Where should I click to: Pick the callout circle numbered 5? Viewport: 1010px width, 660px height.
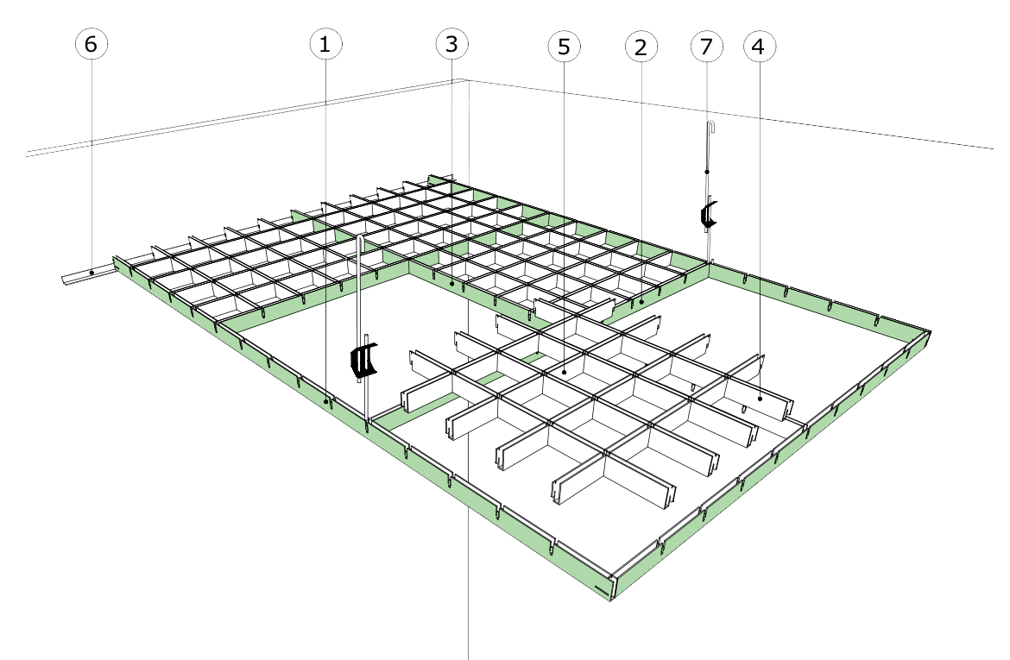564,47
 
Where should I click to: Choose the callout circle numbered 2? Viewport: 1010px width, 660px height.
640,47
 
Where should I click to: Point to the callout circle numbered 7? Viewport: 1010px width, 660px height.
707,47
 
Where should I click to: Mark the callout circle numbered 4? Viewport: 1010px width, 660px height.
759,47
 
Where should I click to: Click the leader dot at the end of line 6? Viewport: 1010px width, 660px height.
92,273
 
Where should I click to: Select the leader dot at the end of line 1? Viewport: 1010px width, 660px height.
325,401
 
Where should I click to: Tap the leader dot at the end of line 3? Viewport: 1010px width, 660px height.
452,283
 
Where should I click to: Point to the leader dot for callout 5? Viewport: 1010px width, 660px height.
564,372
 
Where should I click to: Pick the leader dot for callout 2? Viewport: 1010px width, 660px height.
641,302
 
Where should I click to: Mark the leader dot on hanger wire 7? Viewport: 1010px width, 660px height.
707,173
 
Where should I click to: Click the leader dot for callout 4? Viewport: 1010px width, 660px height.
759,398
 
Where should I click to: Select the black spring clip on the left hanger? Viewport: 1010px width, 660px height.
364,361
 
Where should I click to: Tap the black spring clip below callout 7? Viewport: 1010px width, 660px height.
708,215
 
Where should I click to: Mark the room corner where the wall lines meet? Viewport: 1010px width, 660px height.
467,80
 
